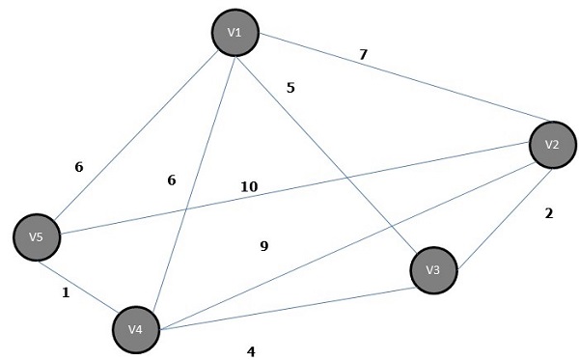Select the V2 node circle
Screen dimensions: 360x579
click(x=552, y=145)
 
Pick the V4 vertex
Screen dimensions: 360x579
click(x=136, y=330)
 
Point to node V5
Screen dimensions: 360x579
click(x=38, y=236)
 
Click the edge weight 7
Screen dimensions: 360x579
click(x=363, y=54)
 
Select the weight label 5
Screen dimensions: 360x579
click(x=290, y=88)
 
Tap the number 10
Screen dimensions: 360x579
click(x=249, y=185)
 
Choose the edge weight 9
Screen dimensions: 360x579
click(x=263, y=246)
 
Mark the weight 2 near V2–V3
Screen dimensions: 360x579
click(x=548, y=213)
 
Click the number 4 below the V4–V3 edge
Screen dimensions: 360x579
click(x=251, y=351)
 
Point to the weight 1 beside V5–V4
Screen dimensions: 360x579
click(x=66, y=292)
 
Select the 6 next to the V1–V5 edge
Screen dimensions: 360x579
click(x=79, y=167)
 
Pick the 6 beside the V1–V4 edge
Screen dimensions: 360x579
click(x=172, y=180)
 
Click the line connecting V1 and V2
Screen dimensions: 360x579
click(x=386, y=86)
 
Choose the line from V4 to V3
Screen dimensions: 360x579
click(x=289, y=304)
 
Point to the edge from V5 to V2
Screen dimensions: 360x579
click(x=289, y=191)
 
